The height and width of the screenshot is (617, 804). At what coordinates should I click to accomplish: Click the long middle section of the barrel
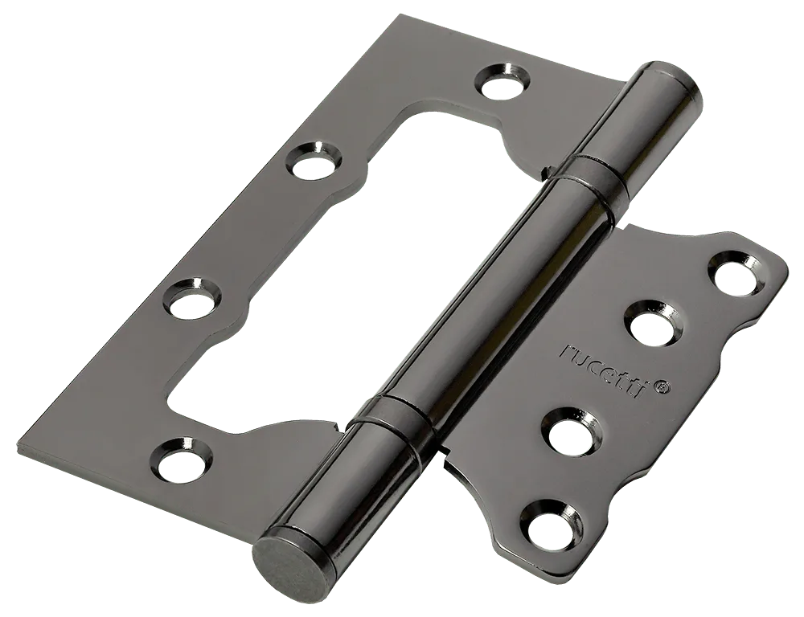492,297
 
